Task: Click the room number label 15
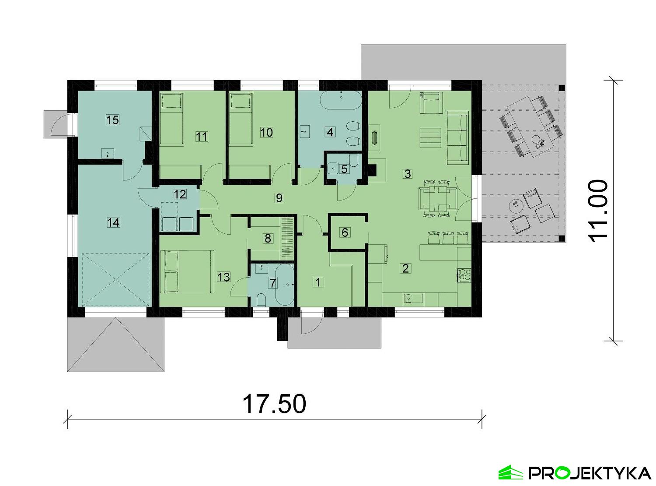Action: pyautogui.click(x=112, y=120)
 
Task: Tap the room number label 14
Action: pyautogui.click(x=113, y=222)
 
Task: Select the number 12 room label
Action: pyautogui.click(x=180, y=194)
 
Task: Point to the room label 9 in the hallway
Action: pyautogui.click(x=279, y=198)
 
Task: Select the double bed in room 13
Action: pyautogui.click(x=188, y=271)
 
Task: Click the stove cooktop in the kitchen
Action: pyautogui.click(x=464, y=275)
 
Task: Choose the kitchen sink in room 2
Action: pyautogui.click(x=413, y=299)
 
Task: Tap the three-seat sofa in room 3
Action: pyautogui.click(x=458, y=137)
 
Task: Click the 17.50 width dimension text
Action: pyautogui.click(x=274, y=403)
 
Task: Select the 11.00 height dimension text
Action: pyautogui.click(x=597, y=210)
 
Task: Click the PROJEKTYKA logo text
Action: pyautogui.click(x=590, y=473)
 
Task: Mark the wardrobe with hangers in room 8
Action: pyautogui.click(x=287, y=238)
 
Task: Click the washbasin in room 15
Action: pyautogui.click(x=108, y=153)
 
